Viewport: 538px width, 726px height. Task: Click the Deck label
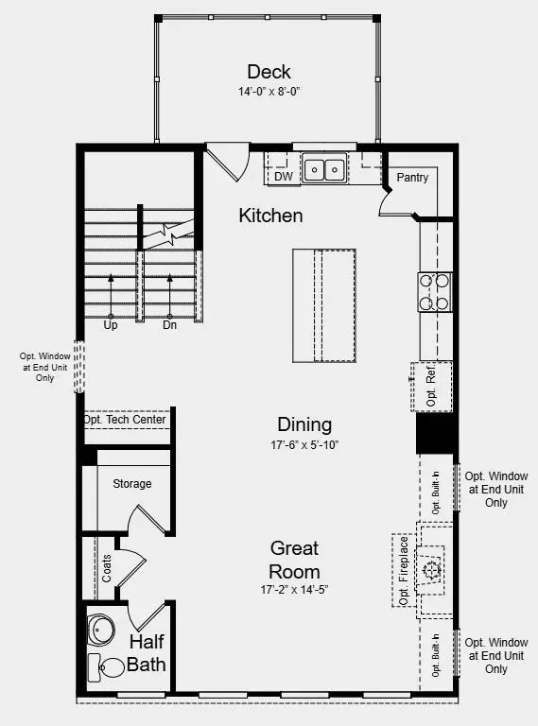pyautogui.click(x=269, y=72)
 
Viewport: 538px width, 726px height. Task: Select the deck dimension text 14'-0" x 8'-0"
pyautogui.click(x=269, y=93)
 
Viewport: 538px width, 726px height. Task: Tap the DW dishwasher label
pyautogui.click(x=283, y=176)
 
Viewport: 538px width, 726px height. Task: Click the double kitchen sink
pyautogui.click(x=324, y=170)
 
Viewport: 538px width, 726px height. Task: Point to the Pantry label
pyautogui.click(x=412, y=178)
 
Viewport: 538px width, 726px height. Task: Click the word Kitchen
pyautogui.click(x=270, y=216)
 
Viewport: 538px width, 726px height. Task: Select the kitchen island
pyautogui.click(x=323, y=305)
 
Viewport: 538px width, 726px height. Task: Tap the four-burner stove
pyautogui.click(x=435, y=291)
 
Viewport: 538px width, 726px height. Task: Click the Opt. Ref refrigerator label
pyautogui.click(x=431, y=387)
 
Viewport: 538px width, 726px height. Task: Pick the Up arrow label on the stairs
pyautogui.click(x=110, y=324)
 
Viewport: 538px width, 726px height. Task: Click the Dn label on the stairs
pyautogui.click(x=170, y=324)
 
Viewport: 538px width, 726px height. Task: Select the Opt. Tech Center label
pyautogui.click(x=125, y=420)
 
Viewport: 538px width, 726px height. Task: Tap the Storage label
pyautogui.click(x=132, y=484)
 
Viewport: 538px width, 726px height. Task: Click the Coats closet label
pyautogui.click(x=106, y=568)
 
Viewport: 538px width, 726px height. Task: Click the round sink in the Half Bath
pyautogui.click(x=101, y=630)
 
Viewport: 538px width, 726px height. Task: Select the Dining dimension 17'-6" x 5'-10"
pyautogui.click(x=304, y=444)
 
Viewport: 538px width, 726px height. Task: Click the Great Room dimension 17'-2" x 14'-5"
pyautogui.click(x=294, y=590)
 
